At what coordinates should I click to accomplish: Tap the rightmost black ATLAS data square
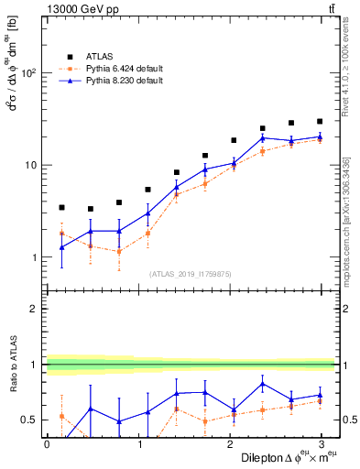coord(320,121)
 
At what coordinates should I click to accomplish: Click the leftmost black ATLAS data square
coord(61,208)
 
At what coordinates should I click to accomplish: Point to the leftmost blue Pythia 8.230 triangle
coord(61,247)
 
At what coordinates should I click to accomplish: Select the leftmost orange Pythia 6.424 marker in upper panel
coord(61,234)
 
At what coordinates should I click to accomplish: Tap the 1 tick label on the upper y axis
coord(35,258)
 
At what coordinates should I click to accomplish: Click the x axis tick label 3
coord(320,444)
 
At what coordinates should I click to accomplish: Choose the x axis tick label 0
coord(47,444)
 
